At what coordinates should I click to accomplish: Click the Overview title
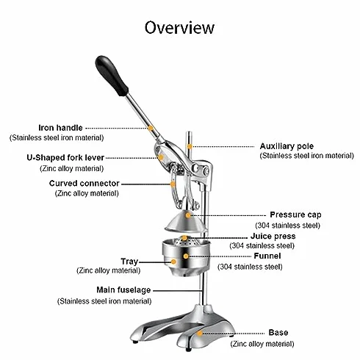(179, 27)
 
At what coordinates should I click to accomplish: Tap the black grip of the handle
(112, 76)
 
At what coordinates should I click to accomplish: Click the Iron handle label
(60, 128)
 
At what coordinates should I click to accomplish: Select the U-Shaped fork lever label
(65, 157)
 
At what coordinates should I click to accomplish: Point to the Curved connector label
(84, 183)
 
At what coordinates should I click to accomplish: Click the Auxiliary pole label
(287, 146)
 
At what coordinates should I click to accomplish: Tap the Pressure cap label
(295, 215)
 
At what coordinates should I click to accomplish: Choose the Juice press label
(273, 236)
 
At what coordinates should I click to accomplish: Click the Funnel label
(267, 256)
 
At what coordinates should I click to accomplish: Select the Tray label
(129, 262)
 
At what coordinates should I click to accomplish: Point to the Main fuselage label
(123, 290)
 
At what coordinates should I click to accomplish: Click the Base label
(278, 332)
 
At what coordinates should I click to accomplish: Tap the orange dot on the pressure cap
(188, 215)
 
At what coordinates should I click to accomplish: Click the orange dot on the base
(200, 333)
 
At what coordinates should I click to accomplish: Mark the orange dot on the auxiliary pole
(190, 146)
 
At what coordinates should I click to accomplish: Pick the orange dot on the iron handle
(151, 128)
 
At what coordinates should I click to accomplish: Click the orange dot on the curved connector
(173, 184)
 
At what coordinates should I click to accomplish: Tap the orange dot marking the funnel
(186, 256)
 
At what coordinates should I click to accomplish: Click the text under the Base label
(262, 344)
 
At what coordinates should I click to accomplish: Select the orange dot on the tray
(173, 262)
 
